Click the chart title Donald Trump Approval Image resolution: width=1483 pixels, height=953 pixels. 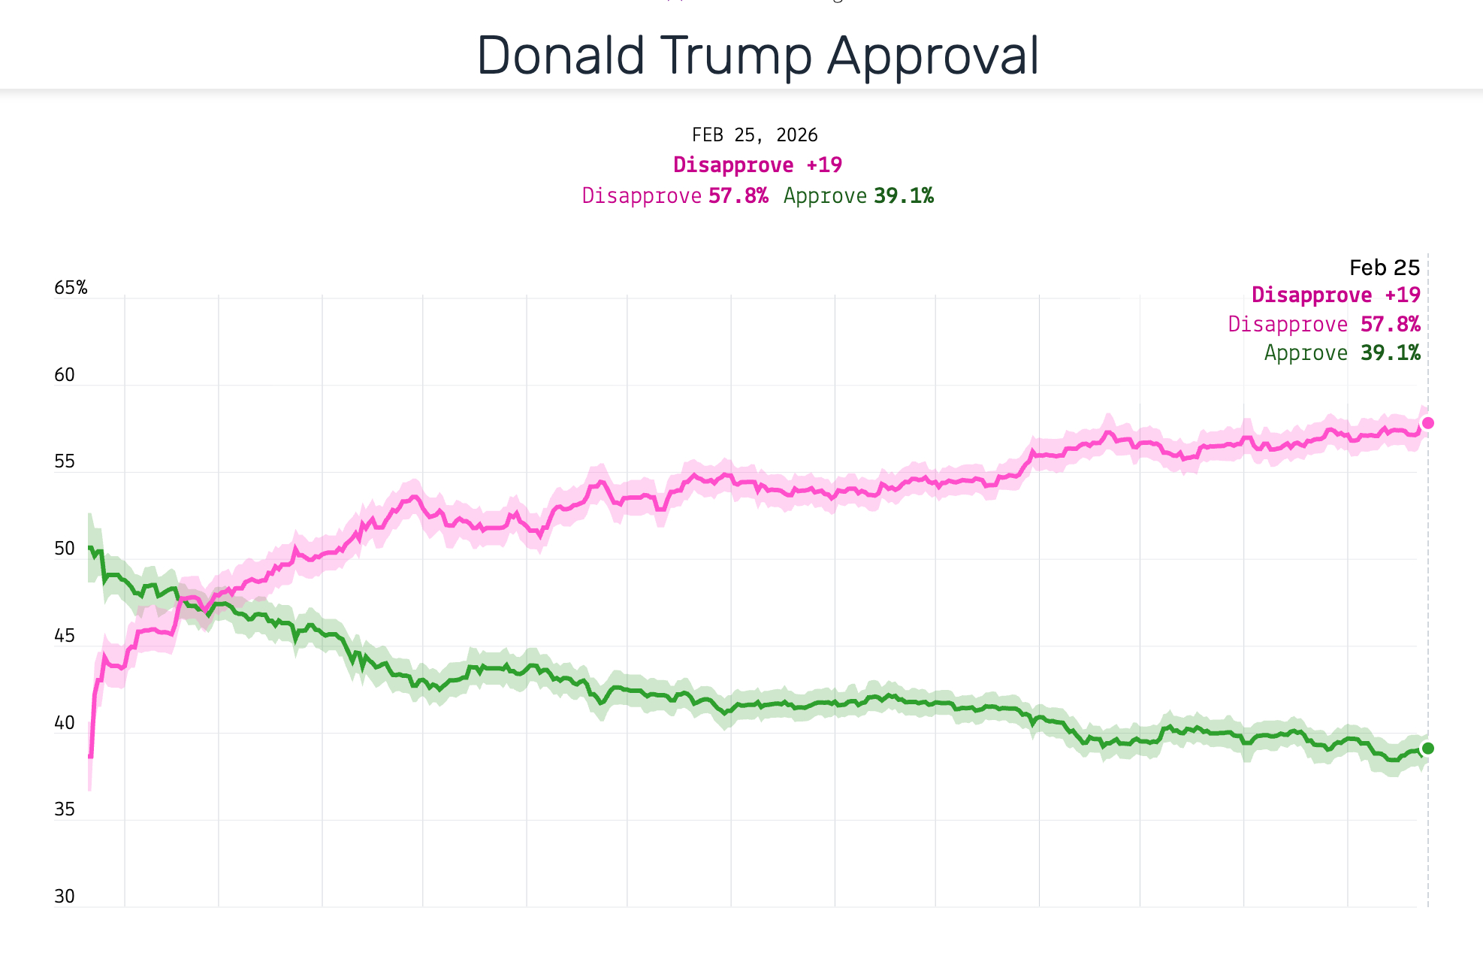757,56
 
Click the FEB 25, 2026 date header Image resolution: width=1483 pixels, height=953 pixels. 754,135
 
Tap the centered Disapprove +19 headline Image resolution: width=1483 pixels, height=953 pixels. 757,165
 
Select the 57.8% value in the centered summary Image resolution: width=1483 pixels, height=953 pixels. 738,196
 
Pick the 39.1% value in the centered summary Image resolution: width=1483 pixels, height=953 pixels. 904,196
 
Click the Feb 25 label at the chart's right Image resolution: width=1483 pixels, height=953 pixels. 1384,268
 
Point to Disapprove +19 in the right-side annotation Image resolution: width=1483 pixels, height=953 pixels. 1336,295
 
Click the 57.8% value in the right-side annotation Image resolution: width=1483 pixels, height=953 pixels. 1390,325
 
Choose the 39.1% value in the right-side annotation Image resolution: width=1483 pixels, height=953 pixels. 1390,353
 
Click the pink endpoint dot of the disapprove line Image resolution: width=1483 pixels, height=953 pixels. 1428,423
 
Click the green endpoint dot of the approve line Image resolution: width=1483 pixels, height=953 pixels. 1428,748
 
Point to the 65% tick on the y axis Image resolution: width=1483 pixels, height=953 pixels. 71,288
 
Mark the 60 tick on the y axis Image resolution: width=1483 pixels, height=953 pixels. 65,375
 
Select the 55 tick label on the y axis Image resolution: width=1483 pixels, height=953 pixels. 65,461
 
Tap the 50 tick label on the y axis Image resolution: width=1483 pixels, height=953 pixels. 65,549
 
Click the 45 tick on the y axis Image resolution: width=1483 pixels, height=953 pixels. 65,636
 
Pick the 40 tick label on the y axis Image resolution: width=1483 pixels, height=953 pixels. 65,723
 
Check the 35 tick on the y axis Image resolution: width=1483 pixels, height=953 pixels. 65,809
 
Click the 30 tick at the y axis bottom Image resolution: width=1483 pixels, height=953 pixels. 65,897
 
